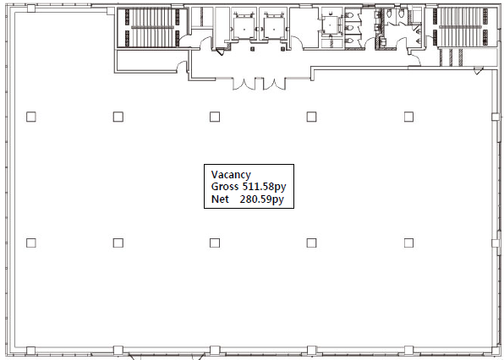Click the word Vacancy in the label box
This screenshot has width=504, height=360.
coord(231,175)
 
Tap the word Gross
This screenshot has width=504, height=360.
coord(225,186)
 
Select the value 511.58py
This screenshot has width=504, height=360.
coord(264,187)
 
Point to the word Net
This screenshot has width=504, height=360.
coord(220,199)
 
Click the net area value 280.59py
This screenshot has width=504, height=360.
coord(261,199)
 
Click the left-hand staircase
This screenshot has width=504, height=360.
coord(151,28)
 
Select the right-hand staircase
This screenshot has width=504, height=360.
coord(461,27)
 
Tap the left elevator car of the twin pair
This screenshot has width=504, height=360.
coord(244,29)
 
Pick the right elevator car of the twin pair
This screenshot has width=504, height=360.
coord(274,29)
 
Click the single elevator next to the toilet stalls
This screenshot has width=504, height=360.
coord(331,25)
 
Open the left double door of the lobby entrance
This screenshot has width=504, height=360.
coord(244,84)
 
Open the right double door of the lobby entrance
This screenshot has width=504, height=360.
coord(274,84)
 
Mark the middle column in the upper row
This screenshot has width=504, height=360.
coord(215,117)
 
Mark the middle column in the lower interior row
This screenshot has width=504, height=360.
coord(215,243)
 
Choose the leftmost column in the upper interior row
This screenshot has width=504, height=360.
coord(30,117)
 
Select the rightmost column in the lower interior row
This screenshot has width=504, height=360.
coord(408,243)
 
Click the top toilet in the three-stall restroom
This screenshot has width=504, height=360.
coord(349,15)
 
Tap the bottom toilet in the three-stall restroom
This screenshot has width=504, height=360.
coord(349,41)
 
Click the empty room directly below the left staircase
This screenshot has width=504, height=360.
coord(146,60)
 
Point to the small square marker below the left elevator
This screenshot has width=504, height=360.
coord(252,49)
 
